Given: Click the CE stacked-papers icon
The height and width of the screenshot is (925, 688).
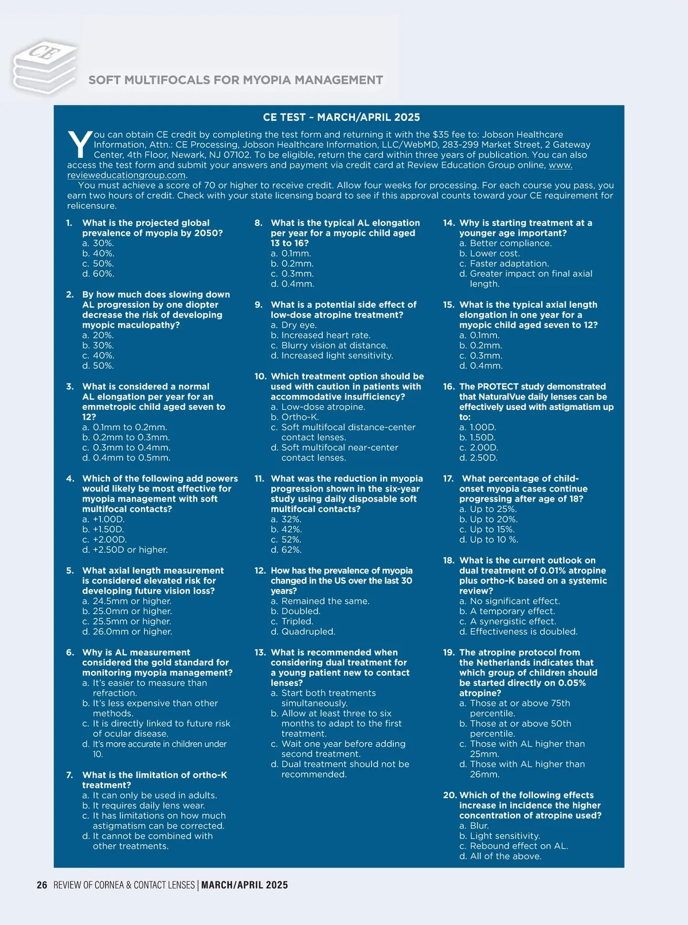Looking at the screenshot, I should [45, 66].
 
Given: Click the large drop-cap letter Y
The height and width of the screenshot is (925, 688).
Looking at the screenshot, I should [79, 145].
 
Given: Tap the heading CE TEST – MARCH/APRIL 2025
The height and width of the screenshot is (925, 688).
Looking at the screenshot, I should [341, 117].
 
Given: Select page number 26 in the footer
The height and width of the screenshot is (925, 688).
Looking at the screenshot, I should [42, 885].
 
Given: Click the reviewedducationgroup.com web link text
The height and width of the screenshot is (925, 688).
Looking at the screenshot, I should [127, 175].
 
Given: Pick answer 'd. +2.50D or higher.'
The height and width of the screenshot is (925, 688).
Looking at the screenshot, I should [125, 549].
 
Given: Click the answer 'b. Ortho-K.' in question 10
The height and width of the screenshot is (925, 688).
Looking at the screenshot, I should [295, 417].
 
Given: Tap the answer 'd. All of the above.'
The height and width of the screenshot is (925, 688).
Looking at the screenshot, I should [500, 856].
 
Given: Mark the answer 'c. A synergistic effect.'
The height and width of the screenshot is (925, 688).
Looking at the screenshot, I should [507, 621].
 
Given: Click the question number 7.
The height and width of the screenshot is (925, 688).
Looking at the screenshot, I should [70, 775].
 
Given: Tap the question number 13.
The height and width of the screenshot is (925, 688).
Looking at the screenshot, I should [260, 652].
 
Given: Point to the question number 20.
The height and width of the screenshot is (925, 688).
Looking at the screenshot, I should [449, 795].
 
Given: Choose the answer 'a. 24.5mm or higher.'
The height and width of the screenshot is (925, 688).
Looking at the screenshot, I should [127, 601].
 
